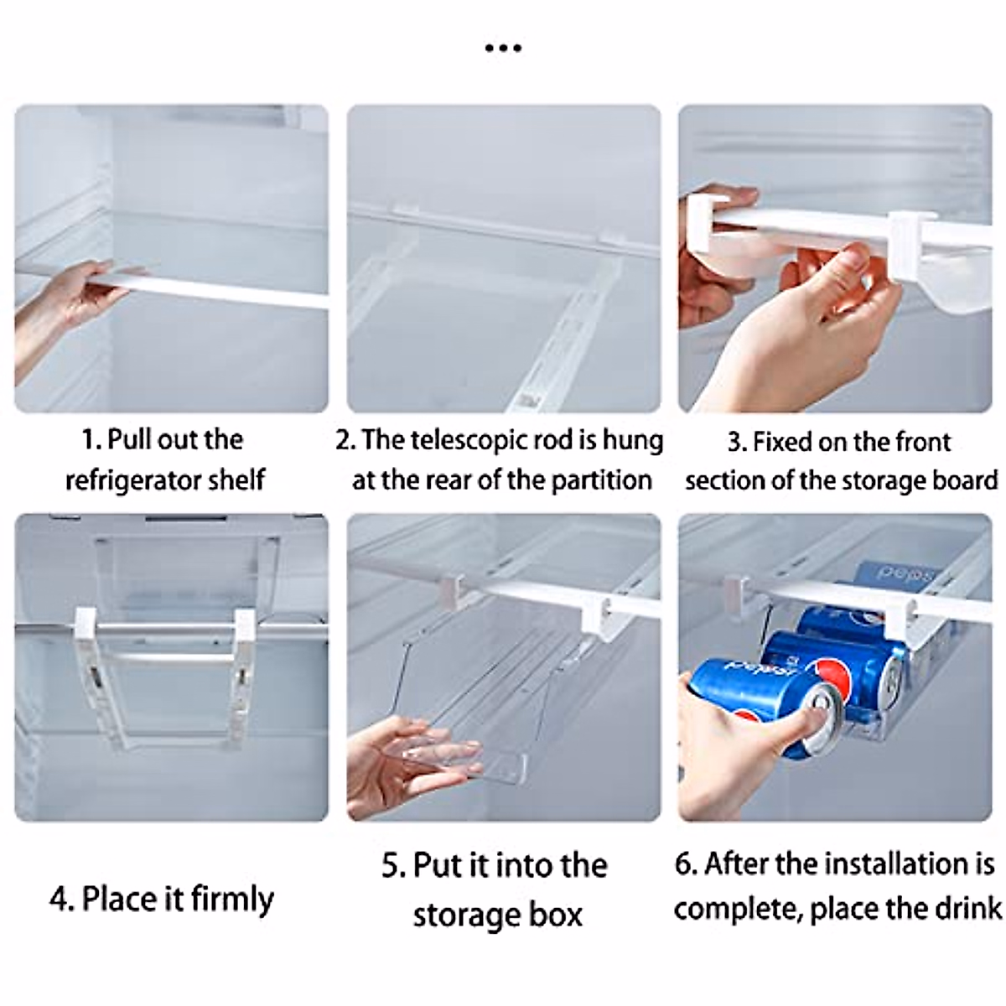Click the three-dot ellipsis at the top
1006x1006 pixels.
pyautogui.click(x=503, y=48)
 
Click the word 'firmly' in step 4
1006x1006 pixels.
pyautogui.click(x=232, y=900)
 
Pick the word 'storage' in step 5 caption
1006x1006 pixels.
pyautogui.click(x=464, y=914)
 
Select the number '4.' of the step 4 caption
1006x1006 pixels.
pyautogui.click(x=61, y=900)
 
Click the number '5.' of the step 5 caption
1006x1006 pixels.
pyautogui.click(x=394, y=865)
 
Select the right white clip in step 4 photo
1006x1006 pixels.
pyautogui.click(x=245, y=629)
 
